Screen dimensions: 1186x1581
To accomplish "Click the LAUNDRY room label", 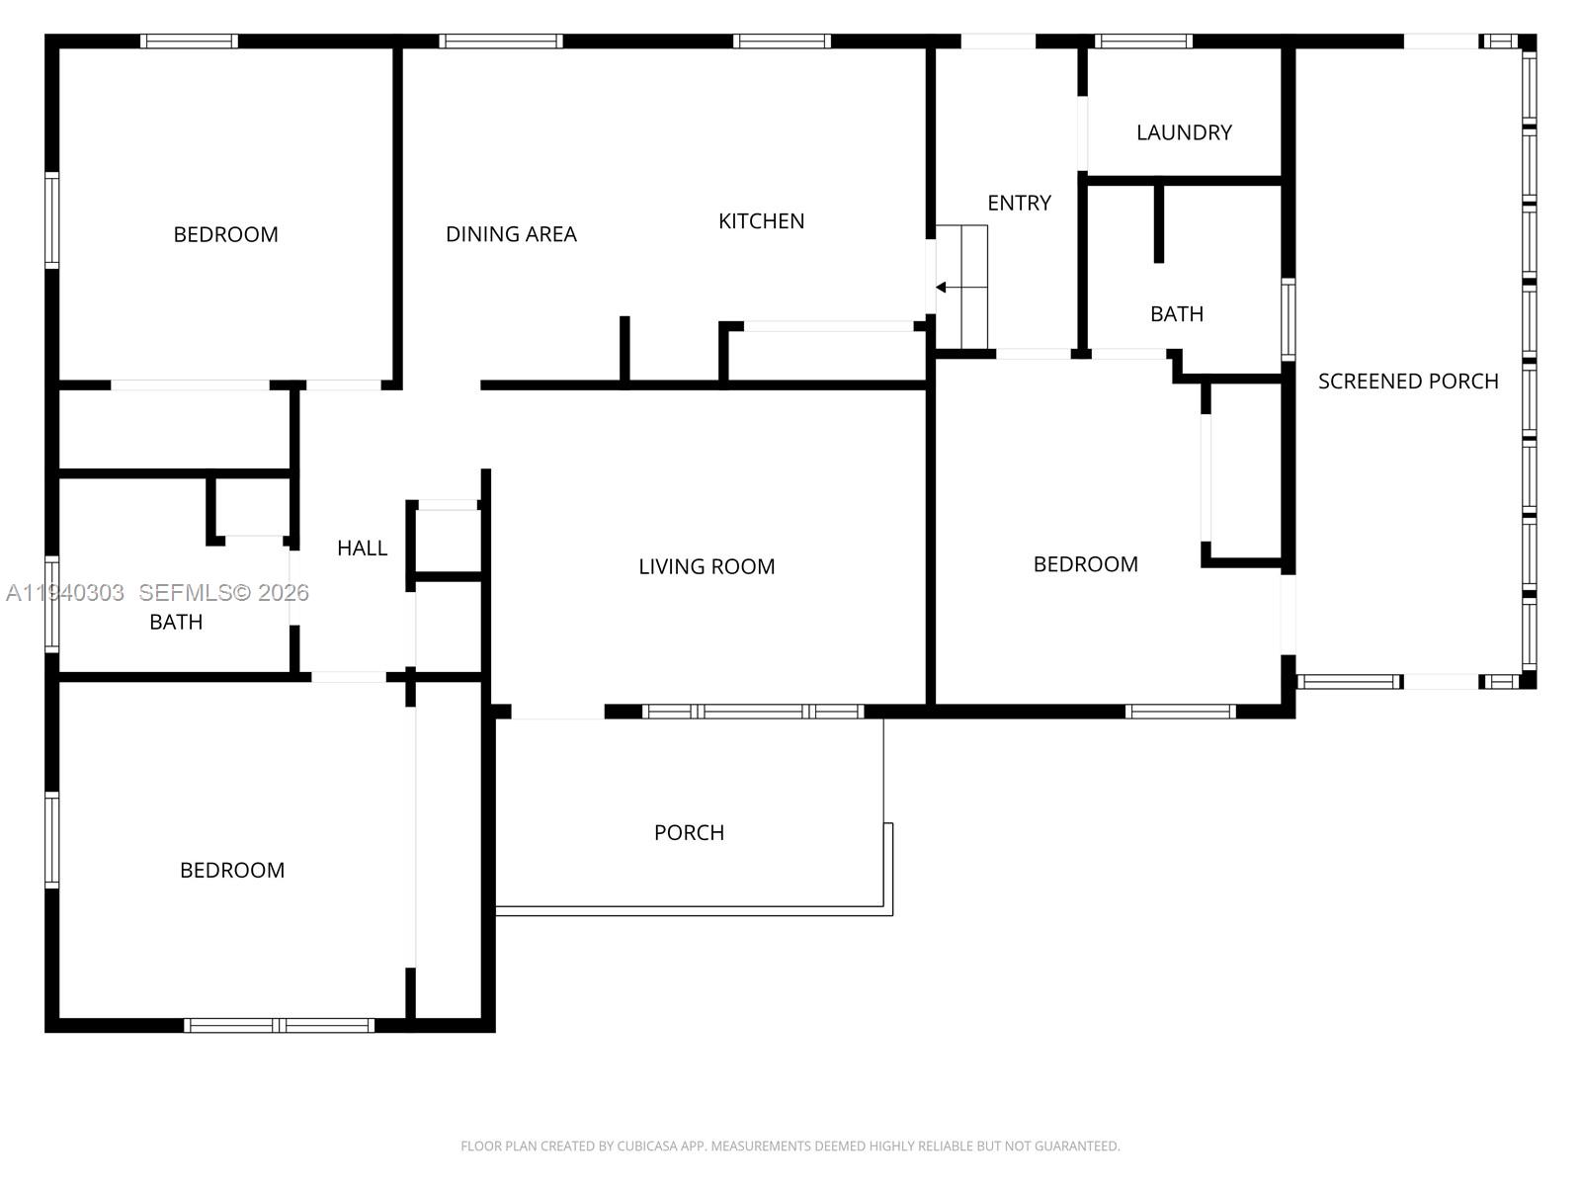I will [1184, 132].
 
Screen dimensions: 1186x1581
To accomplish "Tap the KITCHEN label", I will [761, 221].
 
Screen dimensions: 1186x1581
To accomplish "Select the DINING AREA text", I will [511, 234].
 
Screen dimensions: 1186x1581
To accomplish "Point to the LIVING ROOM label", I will [707, 566].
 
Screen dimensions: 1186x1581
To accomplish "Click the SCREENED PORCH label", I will [1408, 381].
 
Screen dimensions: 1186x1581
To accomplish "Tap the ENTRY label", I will [1019, 203].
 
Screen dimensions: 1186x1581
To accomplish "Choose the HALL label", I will [362, 548].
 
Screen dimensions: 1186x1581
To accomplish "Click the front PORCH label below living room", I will [689, 832].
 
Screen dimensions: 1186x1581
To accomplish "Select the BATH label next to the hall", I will [176, 622].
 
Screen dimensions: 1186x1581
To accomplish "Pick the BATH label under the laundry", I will [1176, 314].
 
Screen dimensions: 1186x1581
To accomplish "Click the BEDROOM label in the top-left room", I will [225, 234].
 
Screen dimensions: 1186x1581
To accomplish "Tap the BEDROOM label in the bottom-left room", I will [232, 870].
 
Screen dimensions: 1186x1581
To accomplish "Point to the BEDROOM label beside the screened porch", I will [1085, 564].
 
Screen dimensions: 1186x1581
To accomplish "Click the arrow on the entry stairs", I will [942, 288].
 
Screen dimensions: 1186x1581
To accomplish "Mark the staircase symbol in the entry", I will [961, 287].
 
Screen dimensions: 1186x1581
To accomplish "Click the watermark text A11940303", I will [65, 593].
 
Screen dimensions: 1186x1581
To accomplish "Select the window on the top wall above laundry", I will [1143, 42].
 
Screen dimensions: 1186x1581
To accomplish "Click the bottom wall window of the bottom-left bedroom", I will [280, 1026].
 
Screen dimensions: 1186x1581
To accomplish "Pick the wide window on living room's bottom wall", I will [753, 712].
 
